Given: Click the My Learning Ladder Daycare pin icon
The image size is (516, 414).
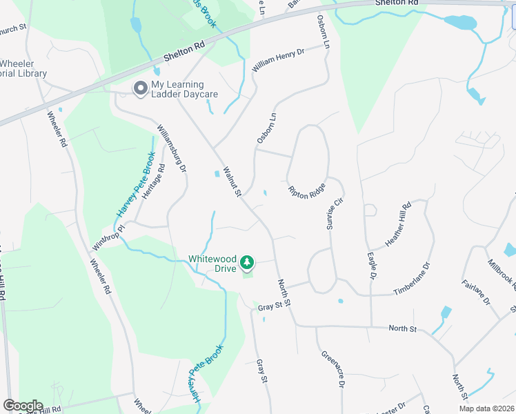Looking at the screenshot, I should (141, 88).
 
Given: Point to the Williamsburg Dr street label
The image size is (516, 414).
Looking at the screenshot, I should (172, 148).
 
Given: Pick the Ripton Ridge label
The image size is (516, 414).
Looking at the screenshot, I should (307, 191).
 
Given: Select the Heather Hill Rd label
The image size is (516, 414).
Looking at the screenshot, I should (398, 225).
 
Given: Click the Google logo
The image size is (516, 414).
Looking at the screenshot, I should (23, 405).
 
